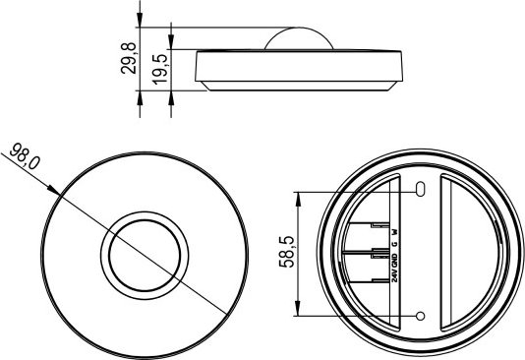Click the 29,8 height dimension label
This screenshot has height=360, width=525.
(x=129, y=58)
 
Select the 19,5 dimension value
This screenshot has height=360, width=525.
(x=159, y=69)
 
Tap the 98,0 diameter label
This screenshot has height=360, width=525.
(x=25, y=155)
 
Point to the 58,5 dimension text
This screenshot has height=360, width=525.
(x=287, y=252)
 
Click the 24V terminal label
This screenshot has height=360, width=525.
(x=395, y=276)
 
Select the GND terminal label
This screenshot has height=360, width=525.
(x=395, y=261)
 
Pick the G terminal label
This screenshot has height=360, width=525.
(x=395, y=244)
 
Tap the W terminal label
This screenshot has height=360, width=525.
(x=395, y=232)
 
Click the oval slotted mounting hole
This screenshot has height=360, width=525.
(x=421, y=189)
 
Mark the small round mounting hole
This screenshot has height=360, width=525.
(x=421, y=316)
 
